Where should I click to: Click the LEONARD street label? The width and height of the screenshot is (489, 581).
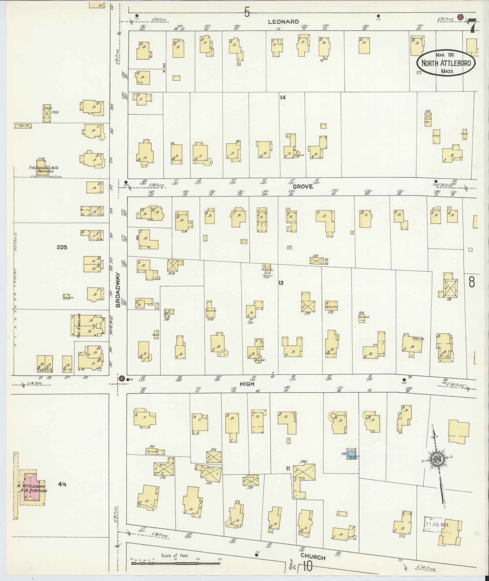283,22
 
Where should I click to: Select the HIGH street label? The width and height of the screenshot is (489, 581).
247,384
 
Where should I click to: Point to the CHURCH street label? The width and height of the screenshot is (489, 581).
313,557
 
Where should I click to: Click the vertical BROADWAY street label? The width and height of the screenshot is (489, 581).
118,289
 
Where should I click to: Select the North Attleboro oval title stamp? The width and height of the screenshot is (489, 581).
446,63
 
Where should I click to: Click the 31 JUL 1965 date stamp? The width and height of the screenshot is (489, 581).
436,524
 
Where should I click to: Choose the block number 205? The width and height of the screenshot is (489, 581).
62,247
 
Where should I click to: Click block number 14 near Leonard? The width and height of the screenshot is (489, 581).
283,97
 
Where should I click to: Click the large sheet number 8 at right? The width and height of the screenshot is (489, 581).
471,282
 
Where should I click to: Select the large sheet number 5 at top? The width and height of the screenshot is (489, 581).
247,12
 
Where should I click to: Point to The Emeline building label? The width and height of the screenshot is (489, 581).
79,326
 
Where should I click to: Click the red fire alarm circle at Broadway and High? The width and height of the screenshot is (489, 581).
121,378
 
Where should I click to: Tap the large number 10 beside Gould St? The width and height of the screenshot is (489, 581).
307,567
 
